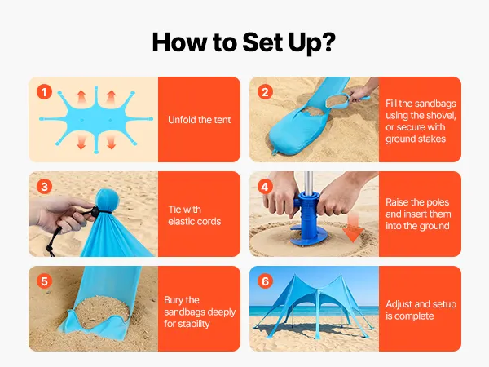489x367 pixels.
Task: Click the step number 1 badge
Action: click(44, 92)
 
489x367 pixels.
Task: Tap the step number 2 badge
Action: click(265, 92)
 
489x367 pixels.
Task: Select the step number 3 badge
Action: click(44, 187)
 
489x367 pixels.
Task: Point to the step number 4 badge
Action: click(265, 187)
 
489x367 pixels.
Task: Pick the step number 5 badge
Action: click(44, 281)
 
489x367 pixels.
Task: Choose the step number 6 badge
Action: click(265, 281)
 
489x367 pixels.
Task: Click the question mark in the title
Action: click(328, 42)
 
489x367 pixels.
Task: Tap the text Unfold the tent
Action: click(200, 120)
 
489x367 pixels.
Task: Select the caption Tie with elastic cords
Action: click(195, 215)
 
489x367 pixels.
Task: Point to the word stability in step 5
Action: click(193, 324)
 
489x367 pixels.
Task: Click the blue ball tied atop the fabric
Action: click(108, 200)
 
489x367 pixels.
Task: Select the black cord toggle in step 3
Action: click(95, 211)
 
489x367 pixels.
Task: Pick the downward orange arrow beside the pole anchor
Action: click(353, 228)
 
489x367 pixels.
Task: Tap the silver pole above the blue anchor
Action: click(308, 182)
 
